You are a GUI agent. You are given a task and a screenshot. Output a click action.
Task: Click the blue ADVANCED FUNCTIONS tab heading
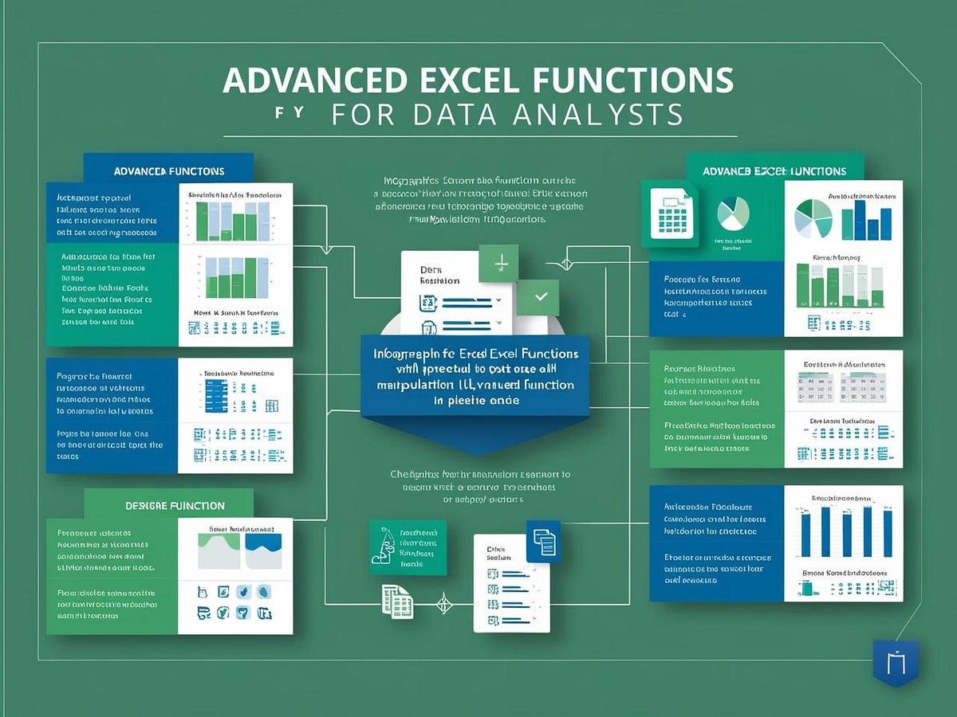coord(168,170)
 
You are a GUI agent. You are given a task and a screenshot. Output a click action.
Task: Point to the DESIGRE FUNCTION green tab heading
coord(175,505)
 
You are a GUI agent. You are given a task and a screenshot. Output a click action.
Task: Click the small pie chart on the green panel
coord(734,214)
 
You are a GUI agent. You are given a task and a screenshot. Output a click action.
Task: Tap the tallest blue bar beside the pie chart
coord(859,220)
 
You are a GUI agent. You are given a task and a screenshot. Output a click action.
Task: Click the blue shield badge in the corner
coord(896,662)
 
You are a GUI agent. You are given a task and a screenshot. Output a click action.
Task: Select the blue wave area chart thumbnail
coord(262,550)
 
